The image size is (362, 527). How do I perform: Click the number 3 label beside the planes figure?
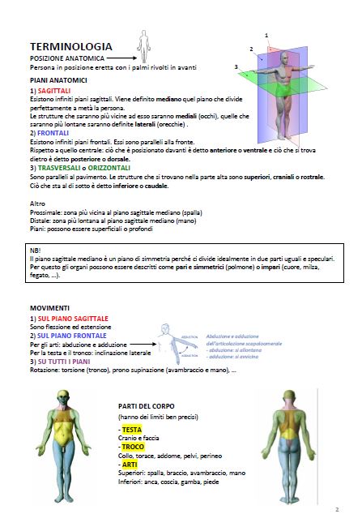pyautogui.click(x=236, y=66)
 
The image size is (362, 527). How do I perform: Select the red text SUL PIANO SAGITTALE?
pyautogui.click(x=70, y=319)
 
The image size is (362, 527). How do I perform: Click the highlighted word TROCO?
pyautogui.click(x=132, y=446)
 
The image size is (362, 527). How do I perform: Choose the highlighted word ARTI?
pyautogui.click(x=129, y=464)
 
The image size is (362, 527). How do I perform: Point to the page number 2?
pyautogui.click(x=336, y=510)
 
